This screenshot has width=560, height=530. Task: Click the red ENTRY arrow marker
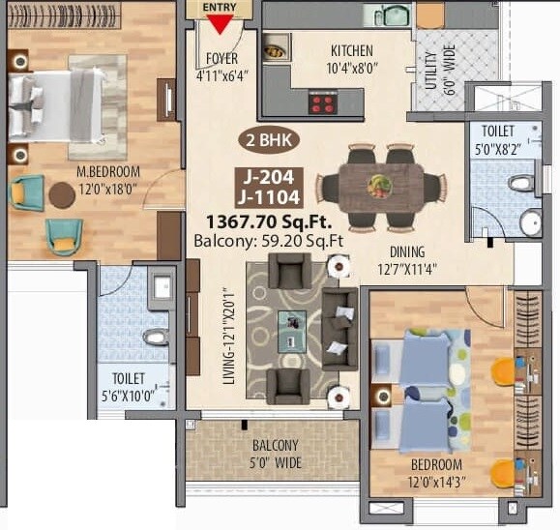220,21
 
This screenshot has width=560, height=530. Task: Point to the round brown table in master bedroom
62,196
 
